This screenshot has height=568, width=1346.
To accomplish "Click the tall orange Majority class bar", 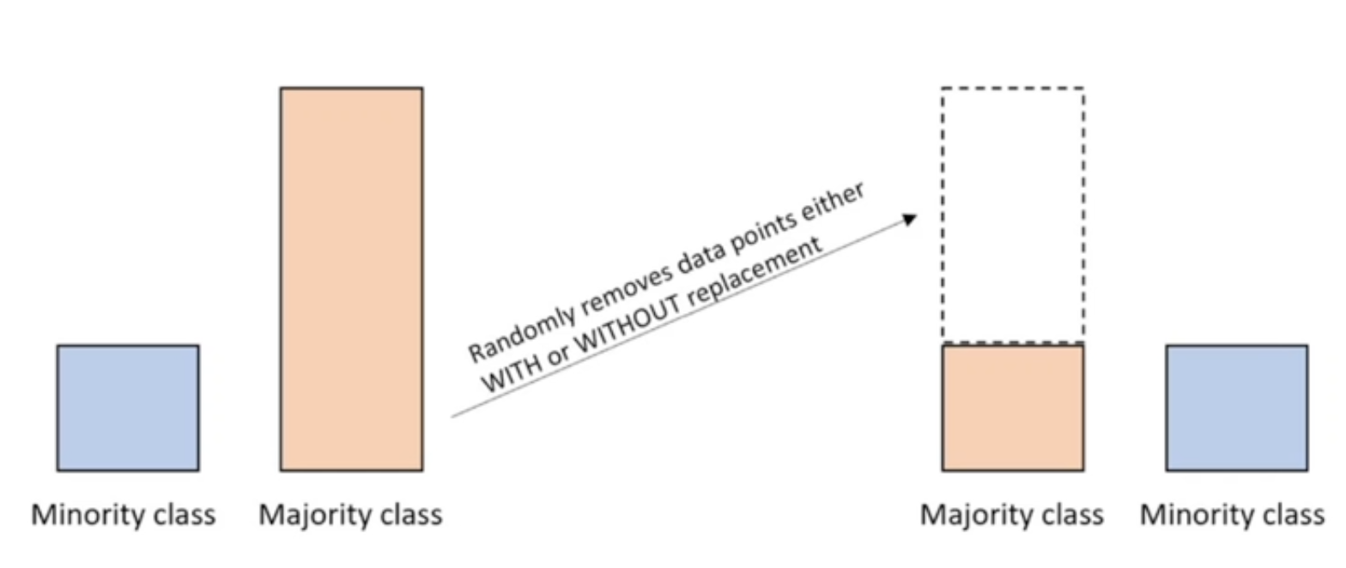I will point(351,279).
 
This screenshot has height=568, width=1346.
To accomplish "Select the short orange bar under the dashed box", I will point(1013,408).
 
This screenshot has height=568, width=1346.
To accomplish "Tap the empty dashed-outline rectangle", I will point(1013,215).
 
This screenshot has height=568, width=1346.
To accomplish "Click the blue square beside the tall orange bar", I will point(128,408).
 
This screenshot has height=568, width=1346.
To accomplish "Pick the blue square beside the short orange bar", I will point(1236,408).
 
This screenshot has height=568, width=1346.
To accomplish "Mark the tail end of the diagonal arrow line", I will point(454,417).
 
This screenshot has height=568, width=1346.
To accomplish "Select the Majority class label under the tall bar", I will point(350,515).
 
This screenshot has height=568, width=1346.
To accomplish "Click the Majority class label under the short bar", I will point(1012,515).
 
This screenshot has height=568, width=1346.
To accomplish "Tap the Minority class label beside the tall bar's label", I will point(124,515).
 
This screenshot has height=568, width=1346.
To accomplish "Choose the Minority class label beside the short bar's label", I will point(1233,515).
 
